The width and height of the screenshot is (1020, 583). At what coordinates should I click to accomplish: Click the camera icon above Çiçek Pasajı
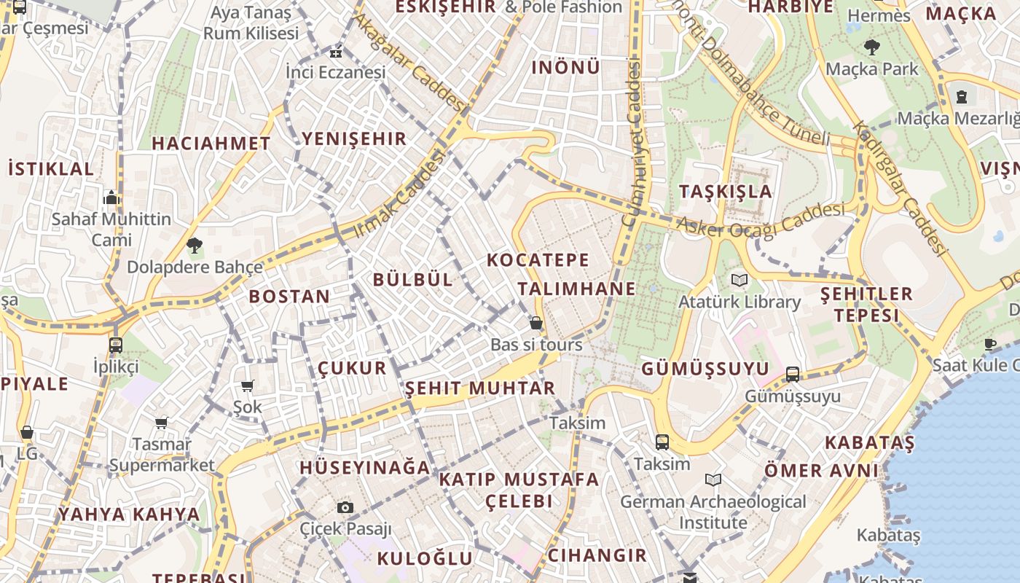coord(345,507)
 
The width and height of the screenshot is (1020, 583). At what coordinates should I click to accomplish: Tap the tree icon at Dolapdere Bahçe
coord(195,246)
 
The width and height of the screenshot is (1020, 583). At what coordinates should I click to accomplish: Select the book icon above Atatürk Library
coord(739,280)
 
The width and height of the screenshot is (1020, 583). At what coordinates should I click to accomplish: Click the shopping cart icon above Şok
coord(248,386)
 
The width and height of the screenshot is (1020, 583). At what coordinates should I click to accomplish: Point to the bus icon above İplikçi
coord(116,345)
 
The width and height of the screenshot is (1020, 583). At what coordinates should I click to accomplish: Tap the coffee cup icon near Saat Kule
coord(990,344)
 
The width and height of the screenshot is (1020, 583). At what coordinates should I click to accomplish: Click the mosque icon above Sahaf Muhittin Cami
coord(111,197)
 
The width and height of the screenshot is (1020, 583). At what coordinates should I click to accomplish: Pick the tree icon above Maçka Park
coord(871,48)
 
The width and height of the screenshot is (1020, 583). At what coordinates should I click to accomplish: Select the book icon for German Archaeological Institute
coord(713,480)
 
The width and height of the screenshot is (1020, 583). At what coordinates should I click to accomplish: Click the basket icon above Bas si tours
coord(536,323)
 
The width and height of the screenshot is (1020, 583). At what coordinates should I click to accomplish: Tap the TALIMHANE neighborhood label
coord(577,289)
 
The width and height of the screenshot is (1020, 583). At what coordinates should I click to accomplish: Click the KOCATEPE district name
coord(538,260)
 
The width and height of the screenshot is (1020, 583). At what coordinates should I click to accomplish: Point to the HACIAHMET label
coord(211,144)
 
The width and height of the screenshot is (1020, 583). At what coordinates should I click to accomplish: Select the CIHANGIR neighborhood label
coord(597,555)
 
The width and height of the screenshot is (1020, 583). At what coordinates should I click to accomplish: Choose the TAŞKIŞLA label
coord(725,192)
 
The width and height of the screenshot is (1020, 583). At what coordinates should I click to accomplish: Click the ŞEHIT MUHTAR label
coord(480,388)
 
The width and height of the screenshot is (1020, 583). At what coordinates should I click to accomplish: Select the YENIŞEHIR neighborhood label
coord(354,138)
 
